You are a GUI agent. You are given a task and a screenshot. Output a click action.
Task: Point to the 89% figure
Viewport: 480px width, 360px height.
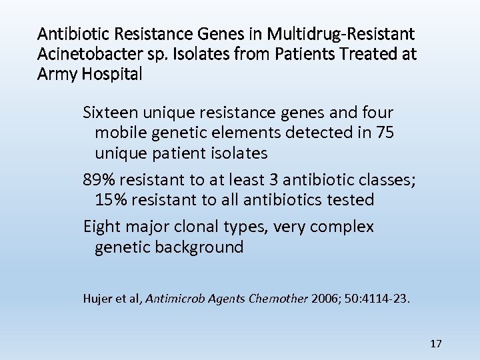[x=99, y=179]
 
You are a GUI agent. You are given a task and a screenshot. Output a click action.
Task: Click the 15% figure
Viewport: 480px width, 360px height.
[x=111, y=199]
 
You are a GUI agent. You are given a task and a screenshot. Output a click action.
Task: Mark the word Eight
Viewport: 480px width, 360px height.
[x=102, y=227]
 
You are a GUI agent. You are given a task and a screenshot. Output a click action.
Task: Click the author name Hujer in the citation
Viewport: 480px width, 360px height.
[x=98, y=298]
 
